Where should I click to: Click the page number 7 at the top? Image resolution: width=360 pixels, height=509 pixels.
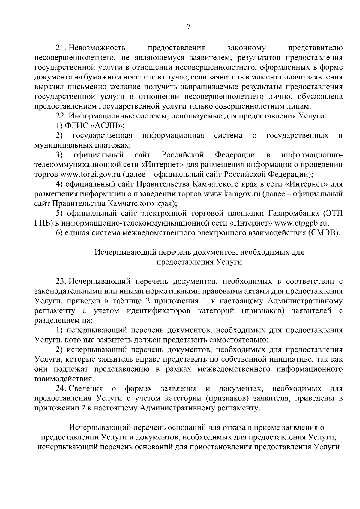point(188,27)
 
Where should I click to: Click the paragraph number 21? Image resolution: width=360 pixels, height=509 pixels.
point(61,48)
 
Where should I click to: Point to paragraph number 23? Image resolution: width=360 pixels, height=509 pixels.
point(61,282)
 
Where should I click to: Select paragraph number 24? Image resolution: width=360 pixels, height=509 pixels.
point(61,389)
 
